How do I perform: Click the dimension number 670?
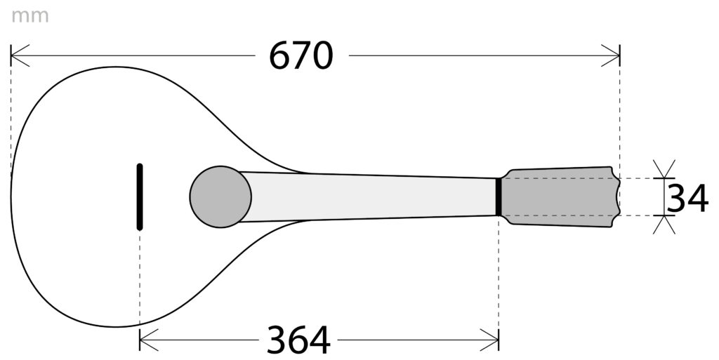tap(301, 56)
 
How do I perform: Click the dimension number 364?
tap(298, 341)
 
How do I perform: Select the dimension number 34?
tap(687, 199)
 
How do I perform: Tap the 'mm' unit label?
tap(29, 15)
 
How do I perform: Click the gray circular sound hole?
tap(220, 196)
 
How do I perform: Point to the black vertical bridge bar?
tap(140, 196)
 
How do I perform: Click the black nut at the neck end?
tap(498, 196)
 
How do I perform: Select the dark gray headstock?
tap(558, 196)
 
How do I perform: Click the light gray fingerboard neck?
tap(372, 196)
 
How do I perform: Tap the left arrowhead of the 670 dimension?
tap(18, 56)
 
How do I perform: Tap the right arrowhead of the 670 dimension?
tap(612, 56)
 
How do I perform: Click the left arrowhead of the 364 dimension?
tap(147, 340)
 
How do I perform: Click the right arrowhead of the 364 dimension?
tap(491, 340)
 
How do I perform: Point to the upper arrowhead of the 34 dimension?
tap(664, 170)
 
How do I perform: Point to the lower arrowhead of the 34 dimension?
tap(664, 224)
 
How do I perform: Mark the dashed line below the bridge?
tap(140, 281)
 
